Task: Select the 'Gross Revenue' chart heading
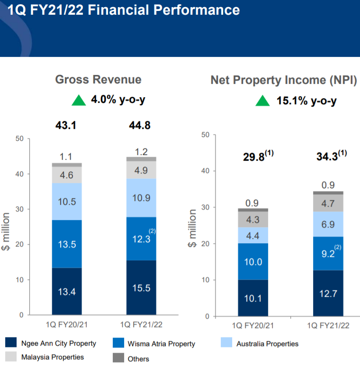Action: click(98, 80)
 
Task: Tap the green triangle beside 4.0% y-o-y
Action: click(79, 101)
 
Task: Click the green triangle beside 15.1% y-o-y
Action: click(262, 101)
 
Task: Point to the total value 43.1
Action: click(66, 126)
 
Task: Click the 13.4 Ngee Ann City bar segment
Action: click(66, 291)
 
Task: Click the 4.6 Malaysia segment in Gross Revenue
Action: click(66, 175)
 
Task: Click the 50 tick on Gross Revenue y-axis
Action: click(19, 139)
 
